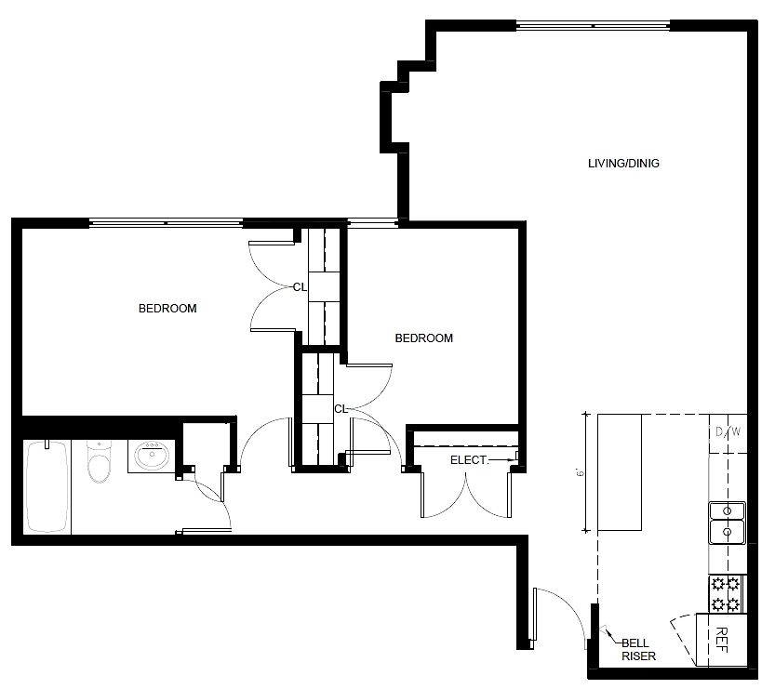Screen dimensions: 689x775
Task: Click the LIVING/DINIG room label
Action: point(623,164)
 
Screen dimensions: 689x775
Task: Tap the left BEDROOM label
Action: point(167,309)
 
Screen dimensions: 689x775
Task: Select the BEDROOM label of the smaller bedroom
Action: point(423,338)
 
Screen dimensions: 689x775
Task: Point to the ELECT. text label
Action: point(469,460)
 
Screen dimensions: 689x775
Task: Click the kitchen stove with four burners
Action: point(726,594)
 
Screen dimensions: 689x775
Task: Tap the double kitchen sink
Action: point(727,523)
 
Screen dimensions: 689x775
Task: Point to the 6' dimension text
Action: point(579,472)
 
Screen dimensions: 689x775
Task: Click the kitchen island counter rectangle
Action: point(619,472)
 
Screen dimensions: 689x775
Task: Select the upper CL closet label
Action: point(300,287)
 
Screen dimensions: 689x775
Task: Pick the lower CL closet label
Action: point(341,408)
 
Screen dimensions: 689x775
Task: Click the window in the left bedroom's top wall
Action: point(166,223)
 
